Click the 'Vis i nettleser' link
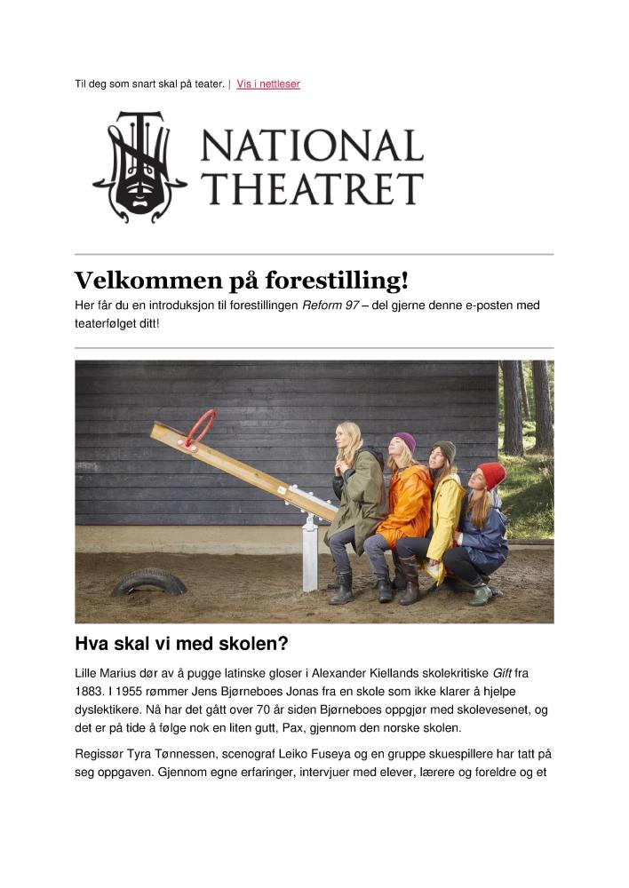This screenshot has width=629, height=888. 268,84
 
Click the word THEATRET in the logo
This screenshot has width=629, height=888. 311,189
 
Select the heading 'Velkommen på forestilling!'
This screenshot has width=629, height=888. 241,281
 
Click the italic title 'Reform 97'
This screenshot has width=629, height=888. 330,305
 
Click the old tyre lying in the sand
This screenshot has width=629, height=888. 148,581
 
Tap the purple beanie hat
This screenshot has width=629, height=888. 404,441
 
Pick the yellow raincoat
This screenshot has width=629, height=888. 446,515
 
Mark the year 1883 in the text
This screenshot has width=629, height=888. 89,692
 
